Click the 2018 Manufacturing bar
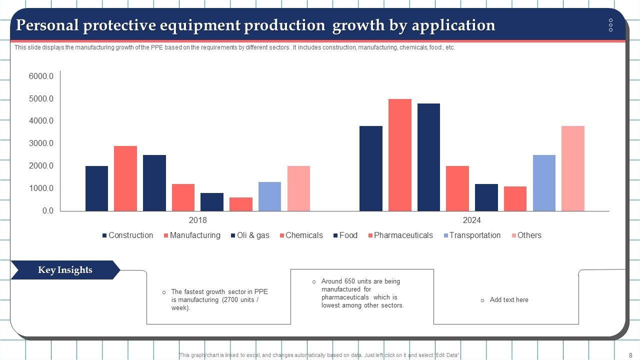pos(125,178)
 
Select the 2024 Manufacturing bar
pos(400,155)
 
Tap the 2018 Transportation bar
pos(269,196)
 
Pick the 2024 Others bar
pos(573,168)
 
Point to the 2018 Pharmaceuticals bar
pos(241,204)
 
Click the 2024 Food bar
pos(486,197)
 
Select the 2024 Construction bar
pos(371,168)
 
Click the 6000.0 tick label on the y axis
pos(41,76)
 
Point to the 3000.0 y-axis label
pos(41,143)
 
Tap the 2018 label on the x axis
pos(197,220)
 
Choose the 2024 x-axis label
pos(471,220)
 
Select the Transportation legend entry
pos(474,235)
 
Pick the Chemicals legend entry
pos(304,235)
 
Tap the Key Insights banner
pos(65,270)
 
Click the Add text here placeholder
pos(509,300)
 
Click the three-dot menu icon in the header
pos(610,25)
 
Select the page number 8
pos(630,354)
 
